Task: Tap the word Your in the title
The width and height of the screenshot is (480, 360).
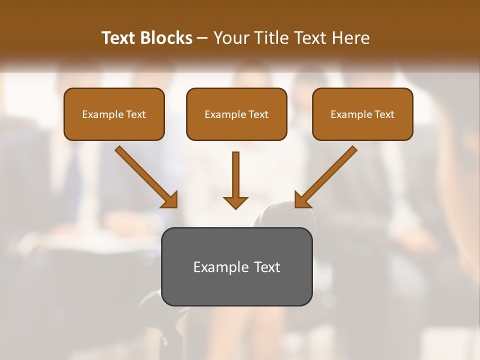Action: tap(230, 38)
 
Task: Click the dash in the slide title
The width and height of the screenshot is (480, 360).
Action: tap(202, 38)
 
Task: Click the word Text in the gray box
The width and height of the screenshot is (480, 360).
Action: tap(267, 267)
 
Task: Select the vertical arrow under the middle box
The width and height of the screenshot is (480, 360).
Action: tap(235, 175)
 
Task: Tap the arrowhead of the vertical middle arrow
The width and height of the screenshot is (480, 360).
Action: tap(235, 202)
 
